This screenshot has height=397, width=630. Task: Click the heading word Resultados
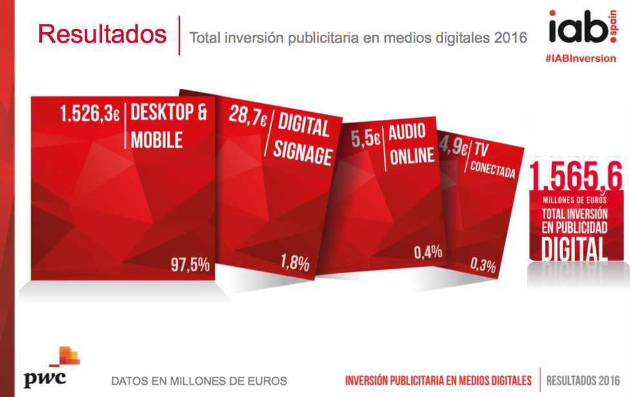pos(102,34)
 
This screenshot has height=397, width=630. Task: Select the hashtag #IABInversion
pos(580,58)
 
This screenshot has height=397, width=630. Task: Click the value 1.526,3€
pos(90,115)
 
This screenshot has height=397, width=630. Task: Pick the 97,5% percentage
pos(190,265)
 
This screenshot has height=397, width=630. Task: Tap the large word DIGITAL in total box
pos(575,249)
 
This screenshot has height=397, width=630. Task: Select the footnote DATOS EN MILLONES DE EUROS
pos(199,380)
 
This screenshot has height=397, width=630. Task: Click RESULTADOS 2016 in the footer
pos(583,380)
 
